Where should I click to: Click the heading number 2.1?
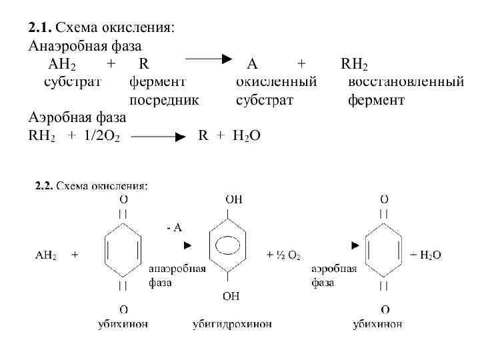(39, 28)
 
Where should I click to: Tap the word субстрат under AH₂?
(73, 83)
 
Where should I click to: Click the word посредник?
(163, 101)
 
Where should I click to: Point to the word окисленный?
(276, 83)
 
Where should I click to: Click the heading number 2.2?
(43, 186)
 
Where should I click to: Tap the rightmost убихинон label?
(378, 325)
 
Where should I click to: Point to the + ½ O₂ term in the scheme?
(284, 255)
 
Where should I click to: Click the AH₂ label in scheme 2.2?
(45, 255)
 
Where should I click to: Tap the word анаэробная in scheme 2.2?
(177, 270)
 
